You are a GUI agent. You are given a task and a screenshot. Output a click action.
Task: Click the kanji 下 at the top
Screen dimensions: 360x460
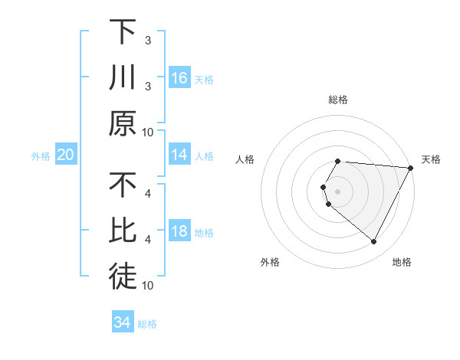coord(123,32)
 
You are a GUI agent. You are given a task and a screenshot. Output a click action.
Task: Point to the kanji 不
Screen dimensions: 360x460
coord(123,186)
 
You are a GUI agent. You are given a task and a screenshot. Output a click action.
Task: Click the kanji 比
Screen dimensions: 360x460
coord(123,232)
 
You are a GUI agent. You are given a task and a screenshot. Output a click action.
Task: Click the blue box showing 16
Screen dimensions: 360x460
coord(179,77)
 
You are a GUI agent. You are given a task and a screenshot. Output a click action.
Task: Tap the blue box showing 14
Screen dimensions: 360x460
coord(179,155)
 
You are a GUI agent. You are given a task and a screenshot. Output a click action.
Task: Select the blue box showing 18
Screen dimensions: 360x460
coord(179,232)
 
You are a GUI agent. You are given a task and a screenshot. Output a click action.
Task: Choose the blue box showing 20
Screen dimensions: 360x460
coord(65,155)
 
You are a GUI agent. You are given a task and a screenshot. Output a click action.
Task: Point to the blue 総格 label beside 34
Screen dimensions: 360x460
coord(147,324)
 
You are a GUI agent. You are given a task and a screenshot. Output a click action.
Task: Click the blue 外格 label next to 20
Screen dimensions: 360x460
coord(41,156)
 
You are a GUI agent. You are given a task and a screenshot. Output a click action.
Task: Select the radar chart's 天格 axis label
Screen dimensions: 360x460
coord(431,159)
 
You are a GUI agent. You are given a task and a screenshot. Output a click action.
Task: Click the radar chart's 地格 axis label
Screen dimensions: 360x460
coord(402,262)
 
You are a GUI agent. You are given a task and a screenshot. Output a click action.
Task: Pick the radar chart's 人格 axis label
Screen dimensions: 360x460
coord(245,159)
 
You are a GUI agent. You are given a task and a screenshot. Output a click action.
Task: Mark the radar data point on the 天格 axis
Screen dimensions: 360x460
coord(411,168)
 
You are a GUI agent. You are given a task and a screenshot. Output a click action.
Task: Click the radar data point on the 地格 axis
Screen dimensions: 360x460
coord(373,241)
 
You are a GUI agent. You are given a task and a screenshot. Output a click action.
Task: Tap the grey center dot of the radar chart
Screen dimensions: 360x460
coord(338,191)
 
